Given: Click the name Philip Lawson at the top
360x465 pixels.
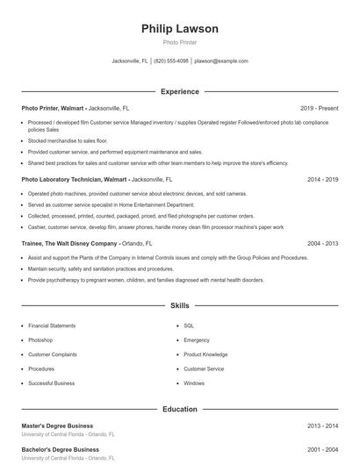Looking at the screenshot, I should coord(179,29).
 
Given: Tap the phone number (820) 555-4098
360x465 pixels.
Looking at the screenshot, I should coord(171,61).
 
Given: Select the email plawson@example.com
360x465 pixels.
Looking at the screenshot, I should coord(221,61).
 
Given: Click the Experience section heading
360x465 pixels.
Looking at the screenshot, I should coord(179,91).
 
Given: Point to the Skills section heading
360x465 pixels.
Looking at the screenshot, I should coord(179,306).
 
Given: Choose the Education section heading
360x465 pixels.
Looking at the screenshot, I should coord(179,409).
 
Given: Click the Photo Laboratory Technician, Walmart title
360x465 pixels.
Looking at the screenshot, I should coord(75,178).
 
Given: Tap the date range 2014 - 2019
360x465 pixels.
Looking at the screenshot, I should coord(323,178).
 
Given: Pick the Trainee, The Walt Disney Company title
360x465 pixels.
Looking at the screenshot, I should coord(69,243).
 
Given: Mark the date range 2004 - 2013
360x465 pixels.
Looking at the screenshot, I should coord(323,243).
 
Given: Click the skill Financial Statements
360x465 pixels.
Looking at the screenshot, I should coord(52,325).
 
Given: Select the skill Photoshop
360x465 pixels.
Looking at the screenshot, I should coord(40,340).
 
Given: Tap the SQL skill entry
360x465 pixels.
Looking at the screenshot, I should coord(189,325).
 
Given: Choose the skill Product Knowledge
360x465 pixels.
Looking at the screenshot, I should coord(205,354).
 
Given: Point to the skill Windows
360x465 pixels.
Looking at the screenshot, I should coord(194,383).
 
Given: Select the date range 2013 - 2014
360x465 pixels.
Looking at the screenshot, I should coord(323,426).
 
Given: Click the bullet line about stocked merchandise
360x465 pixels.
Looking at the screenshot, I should coord(68,140).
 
